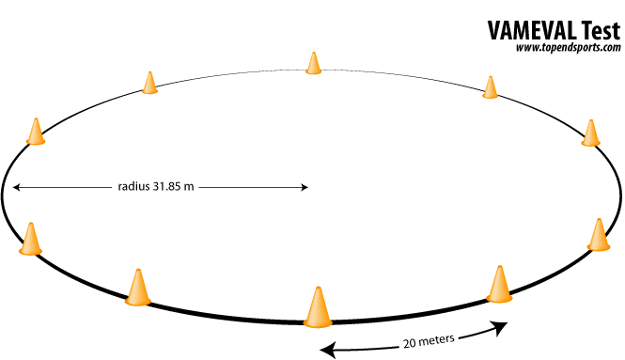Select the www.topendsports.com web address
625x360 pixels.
[568, 48]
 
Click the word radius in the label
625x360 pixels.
[134, 187]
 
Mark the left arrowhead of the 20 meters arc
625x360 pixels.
[326, 350]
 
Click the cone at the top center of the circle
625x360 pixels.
[313, 63]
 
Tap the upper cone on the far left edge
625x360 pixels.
[36, 132]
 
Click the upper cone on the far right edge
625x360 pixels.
[590, 133]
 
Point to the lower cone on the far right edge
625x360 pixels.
[599, 235]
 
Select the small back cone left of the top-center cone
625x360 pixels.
[149, 83]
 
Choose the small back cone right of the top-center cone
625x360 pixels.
[490, 87]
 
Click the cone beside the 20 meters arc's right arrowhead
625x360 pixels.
[499, 284]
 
